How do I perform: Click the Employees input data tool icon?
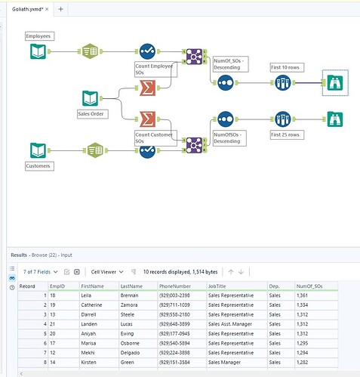(x=38, y=51)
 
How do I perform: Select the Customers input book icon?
(x=38, y=150)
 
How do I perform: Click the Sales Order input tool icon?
(x=90, y=98)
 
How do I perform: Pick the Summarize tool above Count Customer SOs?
(x=147, y=119)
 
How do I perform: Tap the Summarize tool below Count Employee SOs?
(x=147, y=88)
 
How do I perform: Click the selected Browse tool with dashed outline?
(x=335, y=83)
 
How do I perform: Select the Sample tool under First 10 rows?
(x=283, y=82)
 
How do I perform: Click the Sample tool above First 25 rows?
(x=283, y=119)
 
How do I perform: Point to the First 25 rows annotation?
(x=287, y=134)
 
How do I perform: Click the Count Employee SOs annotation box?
(x=155, y=70)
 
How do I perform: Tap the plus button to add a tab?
(x=60, y=9)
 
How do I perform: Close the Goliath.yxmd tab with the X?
(x=47, y=9)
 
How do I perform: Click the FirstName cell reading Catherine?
(x=91, y=305)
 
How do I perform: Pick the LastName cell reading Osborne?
(x=130, y=343)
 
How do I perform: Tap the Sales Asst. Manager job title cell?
(x=230, y=324)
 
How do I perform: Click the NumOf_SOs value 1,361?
(x=302, y=295)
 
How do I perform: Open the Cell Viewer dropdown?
(x=107, y=272)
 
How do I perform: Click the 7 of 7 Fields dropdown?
(x=41, y=272)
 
